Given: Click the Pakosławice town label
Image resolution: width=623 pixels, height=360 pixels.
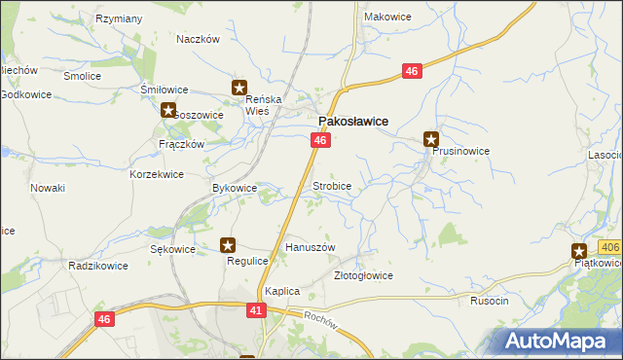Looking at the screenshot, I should (x=354, y=121).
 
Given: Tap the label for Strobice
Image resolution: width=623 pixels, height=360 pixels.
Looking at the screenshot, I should (x=331, y=185).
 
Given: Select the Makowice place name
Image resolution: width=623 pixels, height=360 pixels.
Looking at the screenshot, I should (x=386, y=17).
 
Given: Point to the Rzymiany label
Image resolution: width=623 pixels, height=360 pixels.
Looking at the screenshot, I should (x=120, y=18).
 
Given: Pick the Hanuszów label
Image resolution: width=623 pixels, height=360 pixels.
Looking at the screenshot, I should (x=310, y=247).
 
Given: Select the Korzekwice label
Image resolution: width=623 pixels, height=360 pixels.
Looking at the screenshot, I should (x=157, y=174).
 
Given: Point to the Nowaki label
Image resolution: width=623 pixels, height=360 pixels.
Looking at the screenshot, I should (x=47, y=187).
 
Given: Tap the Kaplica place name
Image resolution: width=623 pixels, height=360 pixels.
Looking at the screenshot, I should (x=281, y=291).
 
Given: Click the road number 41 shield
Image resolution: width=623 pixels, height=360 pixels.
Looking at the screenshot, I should (x=256, y=309).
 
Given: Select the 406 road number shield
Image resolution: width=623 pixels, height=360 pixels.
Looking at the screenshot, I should (x=609, y=248).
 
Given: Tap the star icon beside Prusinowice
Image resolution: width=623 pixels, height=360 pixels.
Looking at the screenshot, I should (x=431, y=138).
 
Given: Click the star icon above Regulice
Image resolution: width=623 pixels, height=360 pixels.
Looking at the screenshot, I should (x=228, y=246).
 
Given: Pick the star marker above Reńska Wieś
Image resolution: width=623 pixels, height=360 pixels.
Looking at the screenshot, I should (x=239, y=88).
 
